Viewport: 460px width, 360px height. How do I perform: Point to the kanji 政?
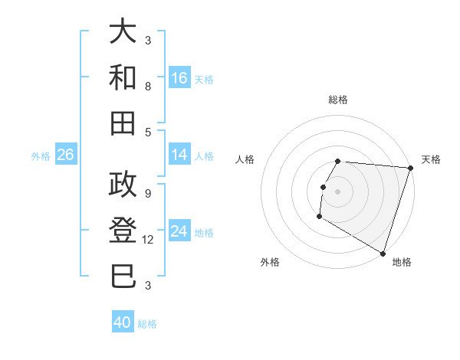pyautogui.click(x=124, y=185)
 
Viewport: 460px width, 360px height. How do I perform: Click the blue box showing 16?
pyautogui.click(x=179, y=78)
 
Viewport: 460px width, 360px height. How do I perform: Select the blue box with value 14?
pyautogui.click(x=179, y=155)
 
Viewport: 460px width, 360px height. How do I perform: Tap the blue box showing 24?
pyautogui.click(x=179, y=231)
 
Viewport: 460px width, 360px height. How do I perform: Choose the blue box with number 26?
pyautogui.click(x=66, y=155)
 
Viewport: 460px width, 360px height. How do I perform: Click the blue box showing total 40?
pyautogui.click(x=123, y=322)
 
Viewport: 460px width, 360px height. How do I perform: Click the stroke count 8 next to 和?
pyautogui.click(x=148, y=87)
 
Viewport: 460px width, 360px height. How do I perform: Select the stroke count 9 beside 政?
pyautogui.click(x=148, y=193)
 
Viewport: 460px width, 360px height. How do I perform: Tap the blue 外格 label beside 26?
pyautogui.click(x=41, y=156)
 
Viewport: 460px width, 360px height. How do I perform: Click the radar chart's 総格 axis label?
pyautogui.click(x=338, y=100)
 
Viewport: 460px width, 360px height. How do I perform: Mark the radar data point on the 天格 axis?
pyautogui.click(x=411, y=169)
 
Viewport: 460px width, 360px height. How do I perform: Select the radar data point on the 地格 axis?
pyautogui.click(x=383, y=253)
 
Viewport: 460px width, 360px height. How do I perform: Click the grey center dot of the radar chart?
pyautogui.click(x=338, y=191)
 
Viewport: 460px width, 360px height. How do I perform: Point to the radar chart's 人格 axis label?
pyautogui.click(x=245, y=159)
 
